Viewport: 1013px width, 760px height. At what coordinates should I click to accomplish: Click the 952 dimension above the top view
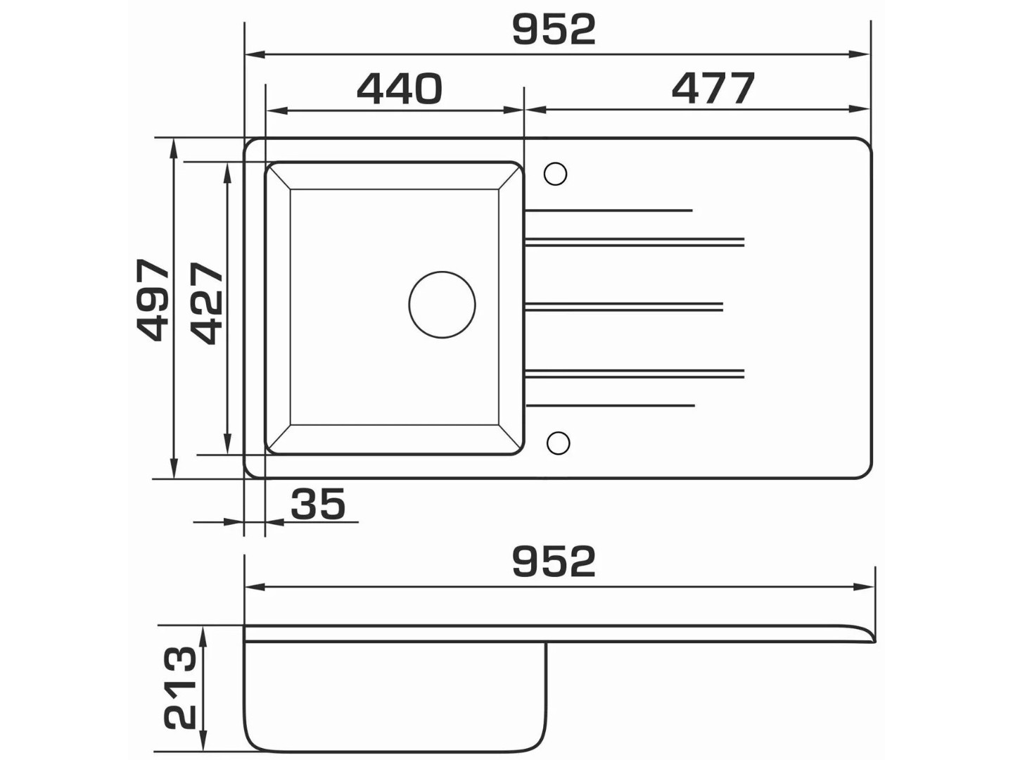[554, 30]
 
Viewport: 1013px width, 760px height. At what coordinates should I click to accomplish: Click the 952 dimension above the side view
[554, 562]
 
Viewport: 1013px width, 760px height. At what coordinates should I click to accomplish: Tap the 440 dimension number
[400, 88]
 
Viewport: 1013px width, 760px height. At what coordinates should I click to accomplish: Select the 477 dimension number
[713, 88]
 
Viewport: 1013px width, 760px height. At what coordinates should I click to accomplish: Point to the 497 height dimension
[153, 300]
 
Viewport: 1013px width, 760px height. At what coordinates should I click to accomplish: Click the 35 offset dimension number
[318, 504]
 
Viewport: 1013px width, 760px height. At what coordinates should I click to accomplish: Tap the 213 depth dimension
[181, 689]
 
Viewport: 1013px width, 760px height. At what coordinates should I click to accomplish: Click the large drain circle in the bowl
[442, 305]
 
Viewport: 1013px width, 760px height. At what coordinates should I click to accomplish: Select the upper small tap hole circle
[555, 174]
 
